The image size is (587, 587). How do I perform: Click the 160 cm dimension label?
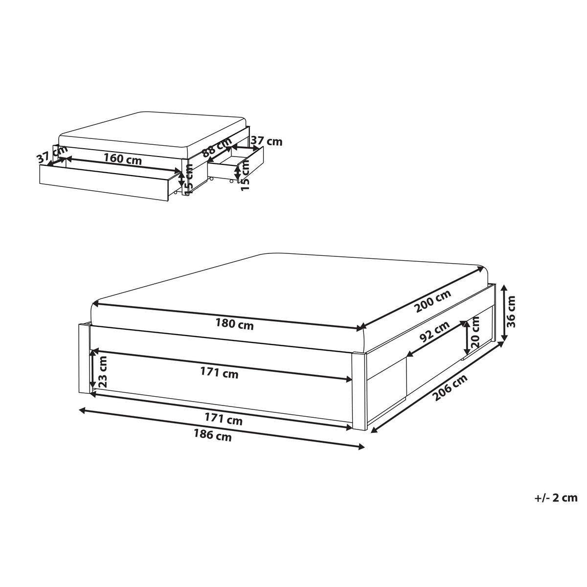(x=122, y=159)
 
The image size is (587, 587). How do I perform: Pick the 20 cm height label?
(x=474, y=335)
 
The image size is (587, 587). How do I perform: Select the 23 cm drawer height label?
(x=103, y=372)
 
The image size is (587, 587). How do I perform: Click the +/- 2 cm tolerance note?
(x=556, y=498)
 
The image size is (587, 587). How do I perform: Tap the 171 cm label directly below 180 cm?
(x=220, y=373)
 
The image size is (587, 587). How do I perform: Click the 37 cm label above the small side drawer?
(x=266, y=141)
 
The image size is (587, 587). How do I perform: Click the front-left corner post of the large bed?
(x=84, y=358)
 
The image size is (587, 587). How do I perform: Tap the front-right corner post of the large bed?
(x=359, y=391)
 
